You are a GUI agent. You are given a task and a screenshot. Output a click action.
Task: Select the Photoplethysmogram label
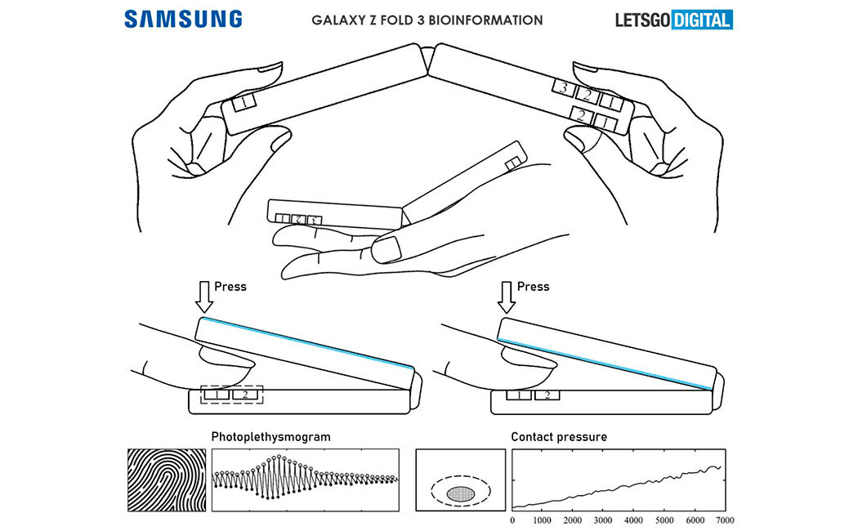point(270,437)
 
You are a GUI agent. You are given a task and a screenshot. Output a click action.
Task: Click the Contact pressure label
point(559,437)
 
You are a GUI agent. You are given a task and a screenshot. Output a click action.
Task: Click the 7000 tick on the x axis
point(720,520)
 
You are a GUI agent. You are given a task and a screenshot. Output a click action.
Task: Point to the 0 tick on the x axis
point(512,520)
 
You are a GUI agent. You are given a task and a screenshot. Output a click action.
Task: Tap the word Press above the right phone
point(534,287)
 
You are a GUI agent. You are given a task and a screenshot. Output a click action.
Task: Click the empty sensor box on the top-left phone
point(244,104)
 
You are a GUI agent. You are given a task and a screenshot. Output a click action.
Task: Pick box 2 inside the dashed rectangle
point(243,395)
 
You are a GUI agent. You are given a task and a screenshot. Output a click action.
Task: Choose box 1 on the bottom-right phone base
point(517,395)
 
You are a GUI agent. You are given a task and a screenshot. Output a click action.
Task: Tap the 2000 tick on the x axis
point(571,520)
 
